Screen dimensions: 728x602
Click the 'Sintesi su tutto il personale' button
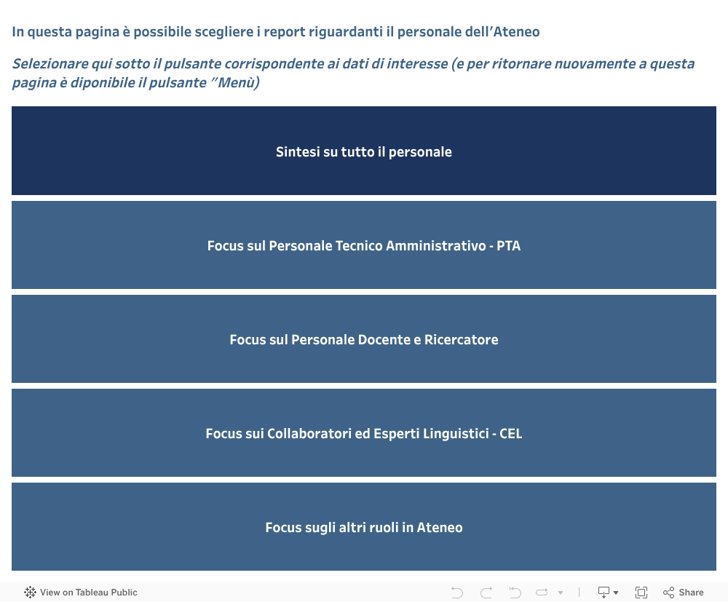(364, 151)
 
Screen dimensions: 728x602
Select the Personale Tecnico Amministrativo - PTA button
(364, 245)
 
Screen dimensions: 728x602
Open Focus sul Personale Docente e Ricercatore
(364, 338)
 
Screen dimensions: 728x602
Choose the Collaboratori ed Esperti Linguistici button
(364, 432)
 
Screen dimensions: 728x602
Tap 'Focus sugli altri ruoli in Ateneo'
(364, 527)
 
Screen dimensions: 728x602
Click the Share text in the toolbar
(691, 593)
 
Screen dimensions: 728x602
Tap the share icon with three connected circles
(668, 593)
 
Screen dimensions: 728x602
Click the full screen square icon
(641, 593)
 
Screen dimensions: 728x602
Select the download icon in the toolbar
(604, 593)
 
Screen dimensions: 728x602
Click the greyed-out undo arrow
(457, 593)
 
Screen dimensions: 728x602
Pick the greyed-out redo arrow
(486, 593)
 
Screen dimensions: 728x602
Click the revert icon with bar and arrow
(515, 593)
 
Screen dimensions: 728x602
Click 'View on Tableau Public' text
(89, 593)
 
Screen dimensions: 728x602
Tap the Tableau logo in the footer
(30, 593)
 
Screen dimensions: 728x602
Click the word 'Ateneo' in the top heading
(516, 31)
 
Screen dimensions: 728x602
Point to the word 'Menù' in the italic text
(237, 82)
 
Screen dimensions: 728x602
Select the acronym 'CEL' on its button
(511, 434)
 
